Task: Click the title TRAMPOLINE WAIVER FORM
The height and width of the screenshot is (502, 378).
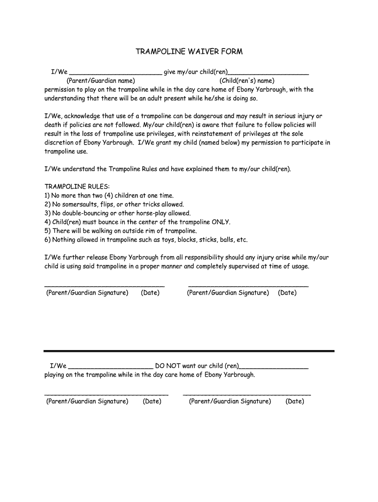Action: pos(189,51)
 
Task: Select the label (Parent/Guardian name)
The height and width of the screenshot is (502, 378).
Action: pos(101,81)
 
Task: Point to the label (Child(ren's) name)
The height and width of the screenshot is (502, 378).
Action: pos(247,81)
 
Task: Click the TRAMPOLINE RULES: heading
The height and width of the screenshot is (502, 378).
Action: pos(77,186)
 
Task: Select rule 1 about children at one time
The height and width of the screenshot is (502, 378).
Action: pos(109,195)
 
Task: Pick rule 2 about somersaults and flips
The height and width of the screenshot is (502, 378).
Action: pos(114,204)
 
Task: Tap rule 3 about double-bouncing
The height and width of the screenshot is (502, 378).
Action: pos(117,213)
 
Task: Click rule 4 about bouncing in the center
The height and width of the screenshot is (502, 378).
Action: pos(137,222)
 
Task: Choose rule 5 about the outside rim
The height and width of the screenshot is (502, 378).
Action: pos(121,231)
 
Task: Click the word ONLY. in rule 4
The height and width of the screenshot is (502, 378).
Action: pos(220,222)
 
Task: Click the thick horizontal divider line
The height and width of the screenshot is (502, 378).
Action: pos(189,351)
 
